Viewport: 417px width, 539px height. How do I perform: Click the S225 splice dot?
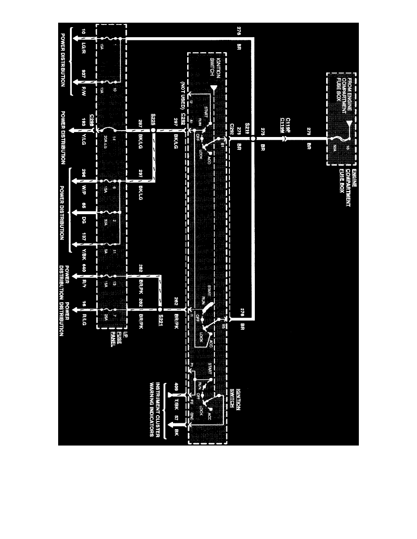[153, 130]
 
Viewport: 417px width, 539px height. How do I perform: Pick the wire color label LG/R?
[84, 46]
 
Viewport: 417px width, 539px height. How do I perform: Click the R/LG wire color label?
[84, 323]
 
